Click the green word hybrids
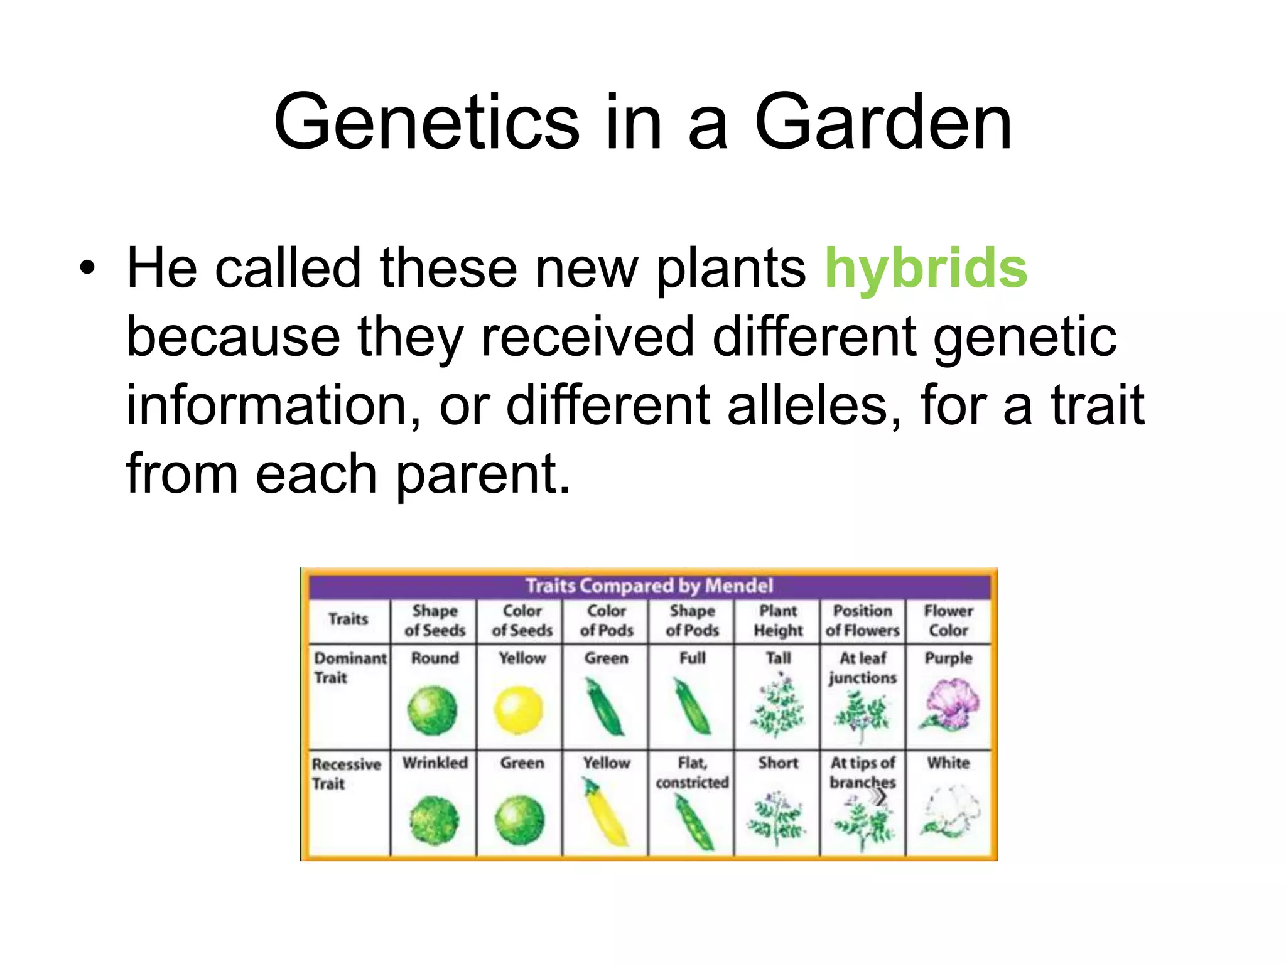tap(926, 269)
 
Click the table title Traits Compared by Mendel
tap(649, 586)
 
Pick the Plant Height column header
tap(777, 620)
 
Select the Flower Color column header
tap(948, 620)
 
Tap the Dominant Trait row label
tap(349, 668)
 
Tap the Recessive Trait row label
tap(346, 773)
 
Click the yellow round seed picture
tap(518, 710)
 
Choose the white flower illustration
tap(950, 811)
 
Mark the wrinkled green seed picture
tap(434, 820)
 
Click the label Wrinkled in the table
tap(435, 763)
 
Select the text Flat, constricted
tap(692, 773)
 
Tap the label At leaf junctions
tap(863, 668)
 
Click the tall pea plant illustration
tap(777, 706)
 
